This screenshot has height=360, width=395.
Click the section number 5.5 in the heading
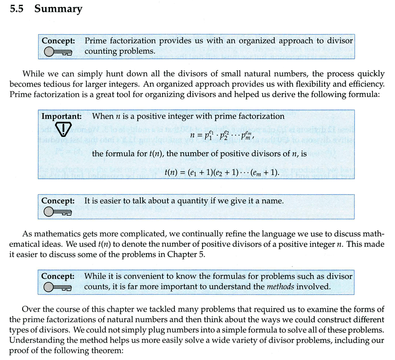pos(17,9)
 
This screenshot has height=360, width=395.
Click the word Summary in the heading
pos(58,9)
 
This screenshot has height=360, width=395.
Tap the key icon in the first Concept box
pos(58,51)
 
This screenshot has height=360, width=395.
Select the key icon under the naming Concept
pos(58,212)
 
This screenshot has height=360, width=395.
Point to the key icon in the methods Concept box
pos(58,287)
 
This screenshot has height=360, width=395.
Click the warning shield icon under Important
pos(63,130)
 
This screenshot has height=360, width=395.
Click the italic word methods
pos(280,286)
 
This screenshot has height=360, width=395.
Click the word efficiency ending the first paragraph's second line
pos(366,84)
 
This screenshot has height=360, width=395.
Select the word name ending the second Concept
pos(274,201)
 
